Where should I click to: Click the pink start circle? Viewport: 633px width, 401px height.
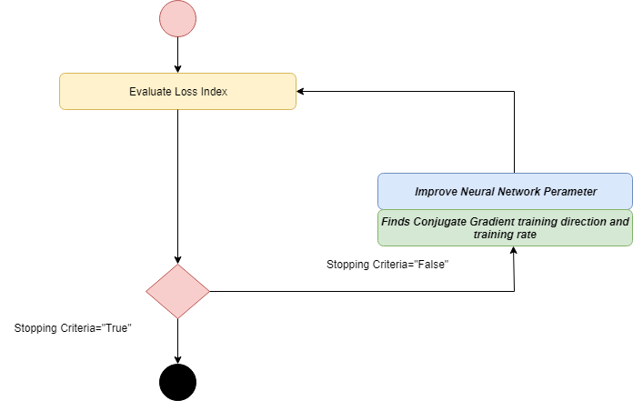pos(177,20)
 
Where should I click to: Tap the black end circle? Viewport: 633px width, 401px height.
pos(177,381)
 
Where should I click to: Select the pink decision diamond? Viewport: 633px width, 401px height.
pos(177,291)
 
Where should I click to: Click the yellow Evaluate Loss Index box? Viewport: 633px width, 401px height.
pos(177,92)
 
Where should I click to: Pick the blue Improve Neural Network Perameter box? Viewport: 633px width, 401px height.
pos(505,191)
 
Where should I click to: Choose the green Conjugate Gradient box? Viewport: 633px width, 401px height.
pos(505,227)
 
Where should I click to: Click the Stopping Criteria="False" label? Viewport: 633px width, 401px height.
pos(388,265)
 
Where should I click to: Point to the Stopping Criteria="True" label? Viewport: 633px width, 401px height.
pos(74,327)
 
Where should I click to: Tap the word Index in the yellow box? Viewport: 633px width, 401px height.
pos(214,92)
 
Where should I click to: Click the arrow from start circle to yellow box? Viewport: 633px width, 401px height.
pos(177,55)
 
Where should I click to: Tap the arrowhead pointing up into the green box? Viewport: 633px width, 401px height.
pos(515,251)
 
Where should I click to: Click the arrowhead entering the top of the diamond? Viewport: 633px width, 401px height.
pos(177,259)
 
